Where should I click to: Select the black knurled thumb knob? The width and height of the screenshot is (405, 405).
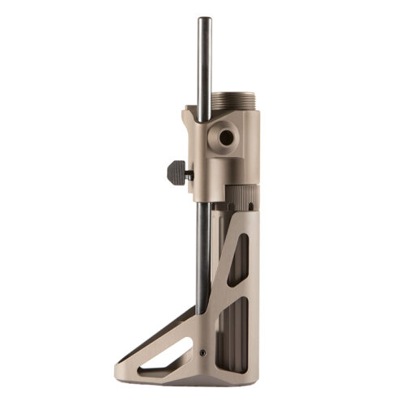point(175,170)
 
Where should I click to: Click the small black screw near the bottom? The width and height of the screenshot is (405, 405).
point(201,353)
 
